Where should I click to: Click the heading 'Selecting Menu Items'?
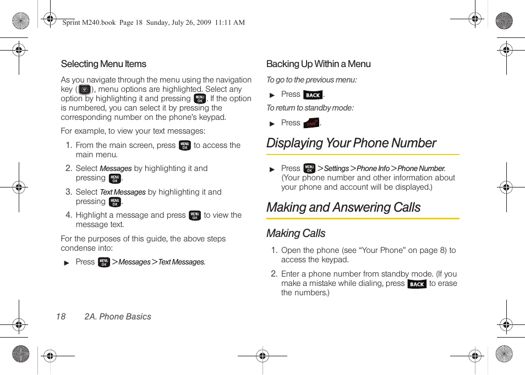pos(103,64)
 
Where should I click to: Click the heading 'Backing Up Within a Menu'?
pos(318,64)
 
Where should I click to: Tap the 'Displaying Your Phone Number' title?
pos(351,143)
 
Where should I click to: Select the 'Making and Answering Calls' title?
pos(343,207)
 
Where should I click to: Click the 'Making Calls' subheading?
pos(296,233)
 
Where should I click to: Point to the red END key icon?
pos(311,123)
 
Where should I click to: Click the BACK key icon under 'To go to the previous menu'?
pos(313,95)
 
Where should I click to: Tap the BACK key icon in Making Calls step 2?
pos(417,284)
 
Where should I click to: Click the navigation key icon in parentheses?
pos(84,89)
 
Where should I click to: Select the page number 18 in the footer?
pos(61,317)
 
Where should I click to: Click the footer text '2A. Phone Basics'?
pos(117,317)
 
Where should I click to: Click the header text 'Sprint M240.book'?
pos(89,23)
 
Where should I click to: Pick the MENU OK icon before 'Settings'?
pos(309,169)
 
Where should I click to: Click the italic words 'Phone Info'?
pos(373,169)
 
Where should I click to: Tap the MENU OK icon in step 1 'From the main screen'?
pos(184,146)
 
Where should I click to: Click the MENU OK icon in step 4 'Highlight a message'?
pos(194,216)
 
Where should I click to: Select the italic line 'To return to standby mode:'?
pos(310,108)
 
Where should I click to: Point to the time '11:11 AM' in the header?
pos(229,23)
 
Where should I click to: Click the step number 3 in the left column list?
pos(68,192)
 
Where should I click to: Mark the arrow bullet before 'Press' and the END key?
pos(272,124)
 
